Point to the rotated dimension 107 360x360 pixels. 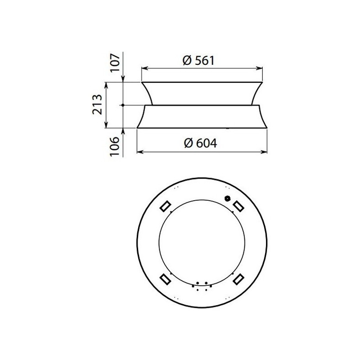[x=116, y=63]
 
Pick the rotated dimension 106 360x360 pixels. [x=116, y=147]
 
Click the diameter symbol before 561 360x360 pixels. [x=188, y=60]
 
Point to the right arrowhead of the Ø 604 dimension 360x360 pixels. [x=265, y=152]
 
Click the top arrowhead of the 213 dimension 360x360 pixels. [x=107, y=84]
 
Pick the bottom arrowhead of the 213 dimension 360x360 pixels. [x=107, y=126]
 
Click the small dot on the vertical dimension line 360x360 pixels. [x=123, y=105]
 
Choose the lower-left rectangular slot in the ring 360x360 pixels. [x=165, y=279]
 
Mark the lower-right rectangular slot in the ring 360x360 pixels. [x=238, y=279]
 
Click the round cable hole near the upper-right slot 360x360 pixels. [x=227, y=198]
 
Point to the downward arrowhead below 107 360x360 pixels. [x=123, y=80]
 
